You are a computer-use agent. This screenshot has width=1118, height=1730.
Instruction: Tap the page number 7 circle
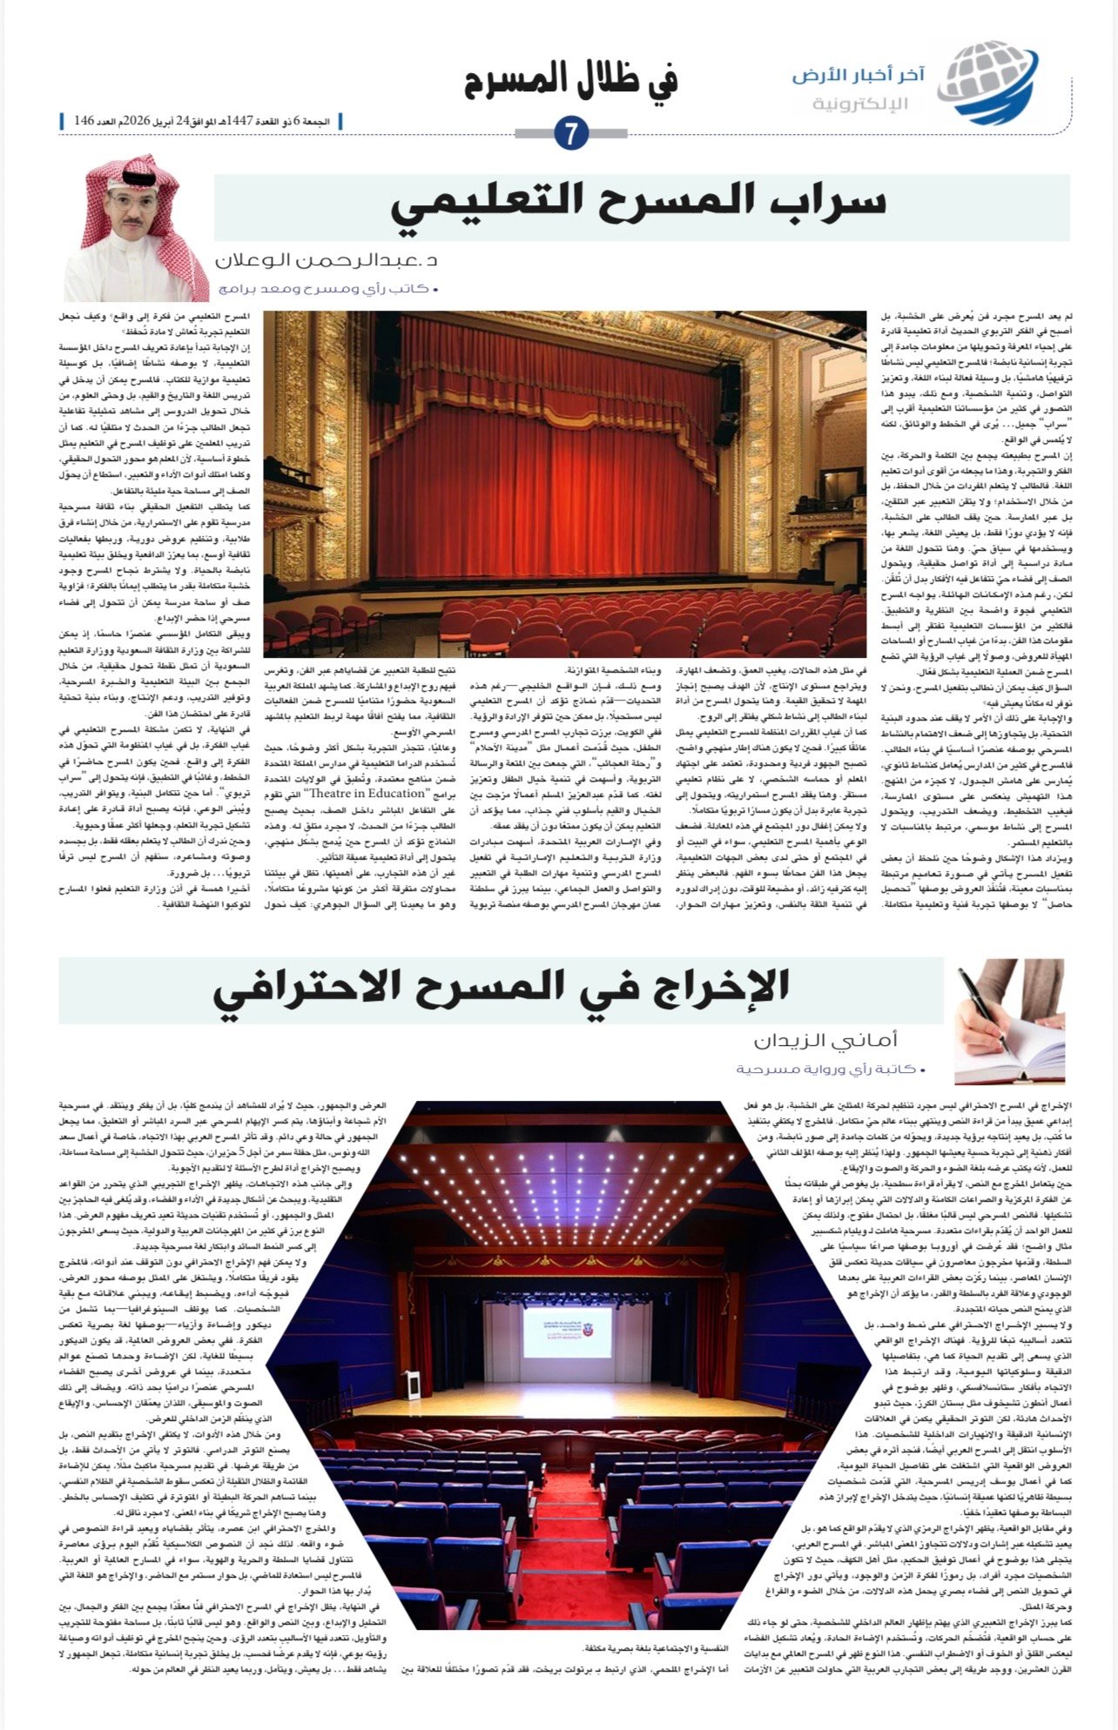click(571, 134)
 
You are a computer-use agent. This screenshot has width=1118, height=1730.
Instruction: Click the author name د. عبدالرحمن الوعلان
click(327, 261)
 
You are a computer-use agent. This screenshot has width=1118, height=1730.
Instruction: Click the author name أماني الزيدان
click(825, 1040)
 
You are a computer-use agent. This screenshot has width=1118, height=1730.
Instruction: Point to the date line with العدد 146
click(200, 120)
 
